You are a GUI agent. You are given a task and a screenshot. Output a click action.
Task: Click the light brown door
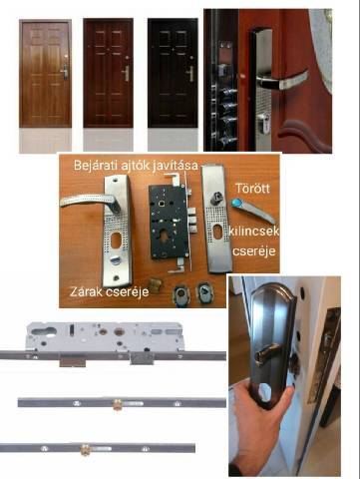coord(45,73)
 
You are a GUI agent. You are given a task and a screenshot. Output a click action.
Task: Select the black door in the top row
coord(173,73)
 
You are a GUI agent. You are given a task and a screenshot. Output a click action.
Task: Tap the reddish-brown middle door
coord(108,73)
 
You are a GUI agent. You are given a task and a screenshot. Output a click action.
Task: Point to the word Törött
coord(252,189)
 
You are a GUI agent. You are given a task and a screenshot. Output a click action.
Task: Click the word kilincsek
coord(254,231)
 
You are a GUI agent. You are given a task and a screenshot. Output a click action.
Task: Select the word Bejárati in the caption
coord(95,165)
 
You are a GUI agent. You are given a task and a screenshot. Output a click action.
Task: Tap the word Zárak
coord(87,291)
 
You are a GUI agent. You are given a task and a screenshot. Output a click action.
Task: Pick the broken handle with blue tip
coord(253,211)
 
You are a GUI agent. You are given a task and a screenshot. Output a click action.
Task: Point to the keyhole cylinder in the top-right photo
coord(263,123)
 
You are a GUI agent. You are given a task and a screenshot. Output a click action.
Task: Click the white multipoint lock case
coord(105,336)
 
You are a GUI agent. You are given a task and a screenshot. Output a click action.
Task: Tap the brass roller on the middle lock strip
coord(117,404)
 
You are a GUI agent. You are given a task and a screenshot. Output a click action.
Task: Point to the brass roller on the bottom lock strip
coord(86,449)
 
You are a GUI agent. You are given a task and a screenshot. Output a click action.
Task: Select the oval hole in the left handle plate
coord(116,240)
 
